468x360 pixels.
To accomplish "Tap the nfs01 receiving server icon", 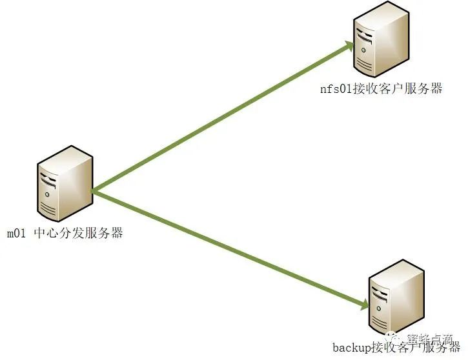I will click(x=382, y=39).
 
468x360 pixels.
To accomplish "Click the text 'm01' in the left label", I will click(x=16, y=233).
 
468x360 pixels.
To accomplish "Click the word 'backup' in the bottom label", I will click(x=349, y=348).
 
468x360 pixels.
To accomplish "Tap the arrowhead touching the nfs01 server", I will click(x=349, y=45).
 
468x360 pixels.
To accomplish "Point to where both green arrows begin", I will click(x=94, y=190).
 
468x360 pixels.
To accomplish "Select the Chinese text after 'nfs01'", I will click(x=396, y=89).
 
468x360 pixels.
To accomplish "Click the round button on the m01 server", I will click(x=47, y=193).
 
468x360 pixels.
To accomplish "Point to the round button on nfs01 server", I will click(x=365, y=49).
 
